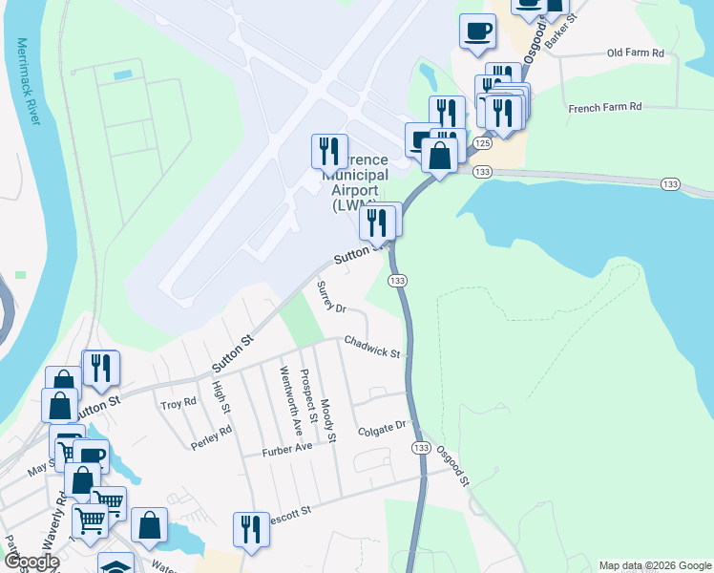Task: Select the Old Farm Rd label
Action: coord(635,53)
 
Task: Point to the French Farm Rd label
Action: coord(605,108)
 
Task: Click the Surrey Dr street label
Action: coord(330,297)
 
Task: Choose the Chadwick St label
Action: coord(371,346)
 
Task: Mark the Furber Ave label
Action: coord(288,447)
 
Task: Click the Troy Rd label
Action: coord(178,404)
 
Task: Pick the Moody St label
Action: coord(328,421)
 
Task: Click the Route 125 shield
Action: coord(482,142)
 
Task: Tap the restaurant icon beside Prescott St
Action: coord(250,530)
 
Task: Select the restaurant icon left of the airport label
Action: coord(327,151)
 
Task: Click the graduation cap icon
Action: coord(115,563)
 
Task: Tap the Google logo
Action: coord(31,562)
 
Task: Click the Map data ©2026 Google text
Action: coord(654,565)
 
